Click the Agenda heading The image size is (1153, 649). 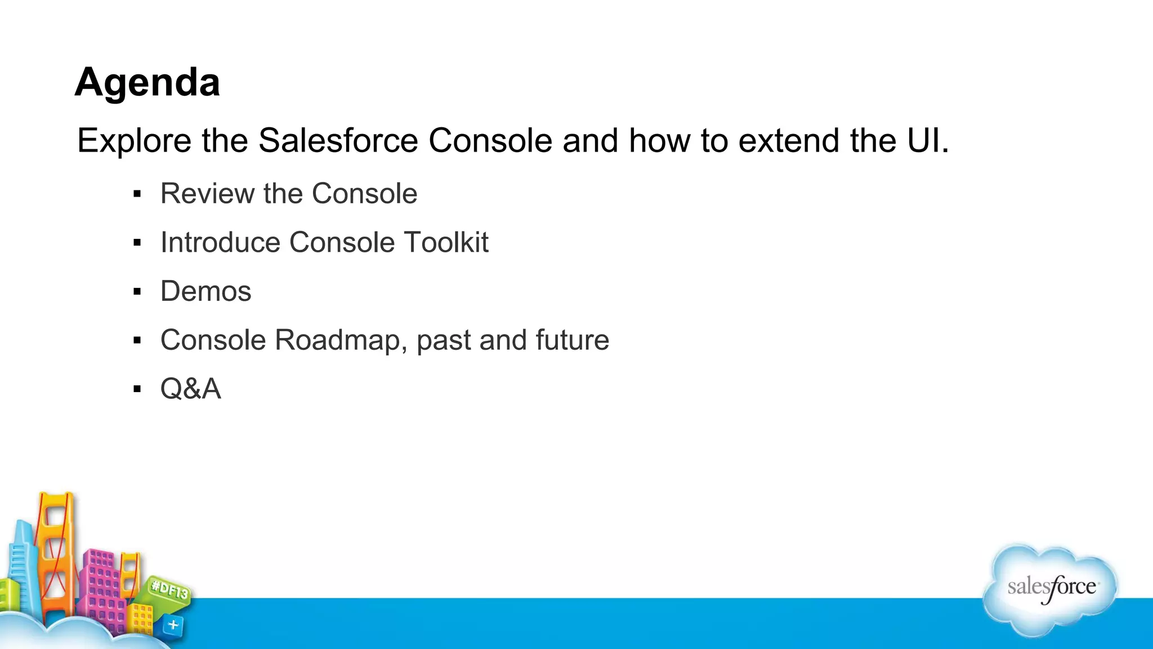click(x=147, y=82)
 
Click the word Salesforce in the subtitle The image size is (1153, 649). click(x=338, y=140)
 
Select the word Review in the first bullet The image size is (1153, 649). click(x=207, y=194)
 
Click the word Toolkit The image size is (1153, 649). click(x=445, y=242)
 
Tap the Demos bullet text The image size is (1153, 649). click(x=205, y=291)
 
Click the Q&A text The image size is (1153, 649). click(x=190, y=389)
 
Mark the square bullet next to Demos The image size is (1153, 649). click(x=137, y=292)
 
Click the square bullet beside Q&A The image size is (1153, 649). click(x=137, y=389)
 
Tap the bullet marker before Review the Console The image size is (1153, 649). click(x=137, y=194)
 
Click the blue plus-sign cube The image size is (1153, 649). click(x=173, y=625)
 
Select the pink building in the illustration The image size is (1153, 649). click(x=101, y=586)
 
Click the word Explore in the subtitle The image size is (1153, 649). click(x=134, y=140)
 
